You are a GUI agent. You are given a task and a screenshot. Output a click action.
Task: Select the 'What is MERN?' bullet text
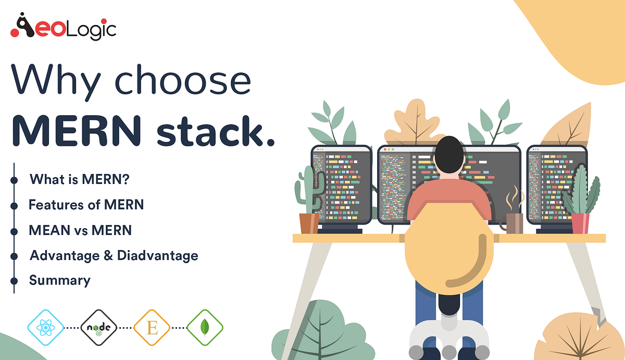pyautogui.click(x=79, y=180)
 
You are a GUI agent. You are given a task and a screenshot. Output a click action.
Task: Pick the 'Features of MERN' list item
pyautogui.click(x=86, y=205)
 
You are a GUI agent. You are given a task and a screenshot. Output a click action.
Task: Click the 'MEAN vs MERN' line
pyautogui.click(x=80, y=230)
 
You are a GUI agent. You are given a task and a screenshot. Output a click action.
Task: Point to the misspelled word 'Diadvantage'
pyautogui.click(x=157, y=255)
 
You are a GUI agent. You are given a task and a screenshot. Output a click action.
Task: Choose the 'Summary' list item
pyautogui.click(x=59, y=280)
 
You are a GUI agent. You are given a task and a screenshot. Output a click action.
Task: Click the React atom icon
pyautogui.click(x=45, y=328)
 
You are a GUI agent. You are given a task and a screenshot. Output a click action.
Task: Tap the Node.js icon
pyautogui.click(x=98, y=328)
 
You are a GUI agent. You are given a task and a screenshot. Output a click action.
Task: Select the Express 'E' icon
pyautogui.click(x=152, y=328)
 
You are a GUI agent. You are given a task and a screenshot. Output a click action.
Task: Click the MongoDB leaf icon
pyautogui.click(x=205, y=328)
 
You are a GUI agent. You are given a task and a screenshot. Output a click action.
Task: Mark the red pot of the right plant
pyautogui.click(x=580, y=223)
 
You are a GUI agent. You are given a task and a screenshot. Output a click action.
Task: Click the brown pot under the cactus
pyautogui.click(x=309, y=223)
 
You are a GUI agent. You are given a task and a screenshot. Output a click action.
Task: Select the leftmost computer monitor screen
pyautogui.click(x=342, y=185)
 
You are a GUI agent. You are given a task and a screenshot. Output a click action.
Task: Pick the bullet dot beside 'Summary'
pyautogui.click(x=14, y=281)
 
